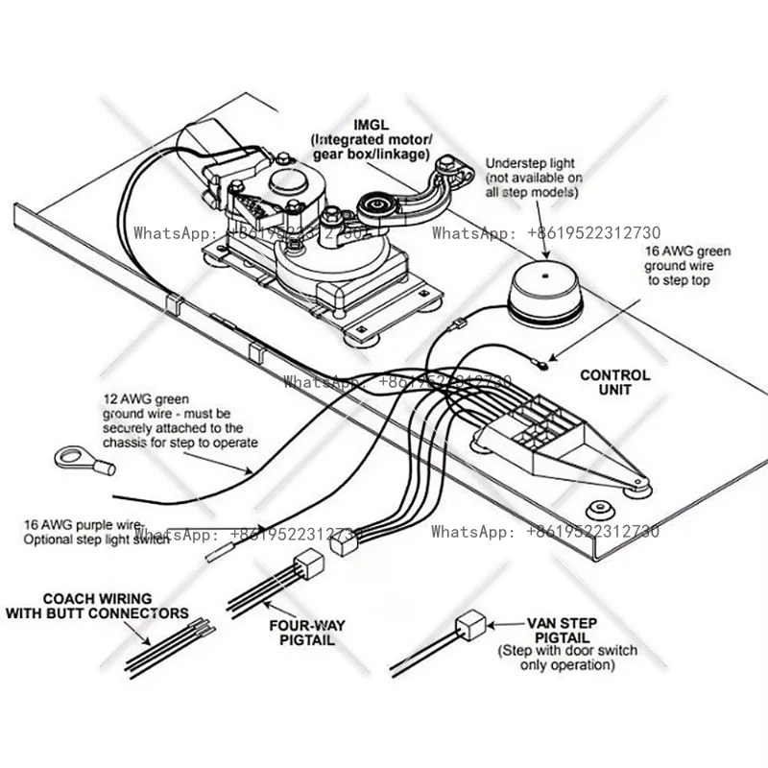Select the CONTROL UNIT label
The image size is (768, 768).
coord(614,382)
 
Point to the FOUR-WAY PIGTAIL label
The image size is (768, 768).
coord(308,633)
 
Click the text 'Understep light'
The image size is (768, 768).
coord(530,163)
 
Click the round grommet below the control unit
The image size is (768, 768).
coord(601,505)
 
